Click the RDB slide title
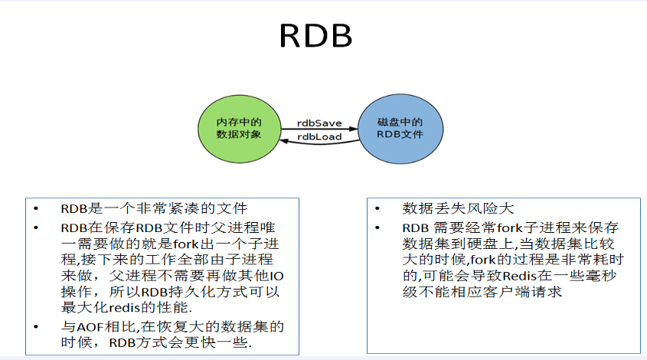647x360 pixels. pyautogui.click(x=315, y=35)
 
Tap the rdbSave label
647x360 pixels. pyautogui.click(x=319, y=123)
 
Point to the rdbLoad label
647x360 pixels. pyautogui.click(x=319, y=136)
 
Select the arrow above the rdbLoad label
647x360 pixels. pyautogui.click(x=319, y=129)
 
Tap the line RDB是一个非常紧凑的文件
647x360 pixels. pyautogui.click(x=154, y=209)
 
